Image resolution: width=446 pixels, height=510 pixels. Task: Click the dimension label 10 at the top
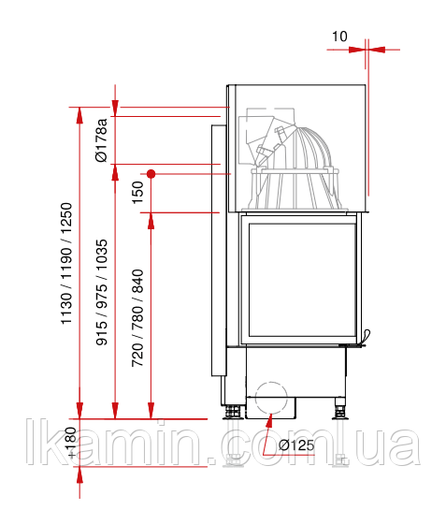click(339, 36)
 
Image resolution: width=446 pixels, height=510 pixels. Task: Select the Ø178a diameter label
click(101, 140)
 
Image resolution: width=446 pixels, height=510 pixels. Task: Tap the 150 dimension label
click(137, 193)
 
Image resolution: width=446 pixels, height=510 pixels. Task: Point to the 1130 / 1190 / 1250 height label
click(66, 263)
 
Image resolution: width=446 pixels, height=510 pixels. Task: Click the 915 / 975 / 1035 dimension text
click(101, 292)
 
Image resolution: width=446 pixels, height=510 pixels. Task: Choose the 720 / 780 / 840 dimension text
click(137, 318)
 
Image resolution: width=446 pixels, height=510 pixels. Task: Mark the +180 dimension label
click(71, 443)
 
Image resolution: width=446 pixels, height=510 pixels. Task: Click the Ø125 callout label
click(296, 444)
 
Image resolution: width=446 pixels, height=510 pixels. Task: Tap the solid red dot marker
click(151, 174)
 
